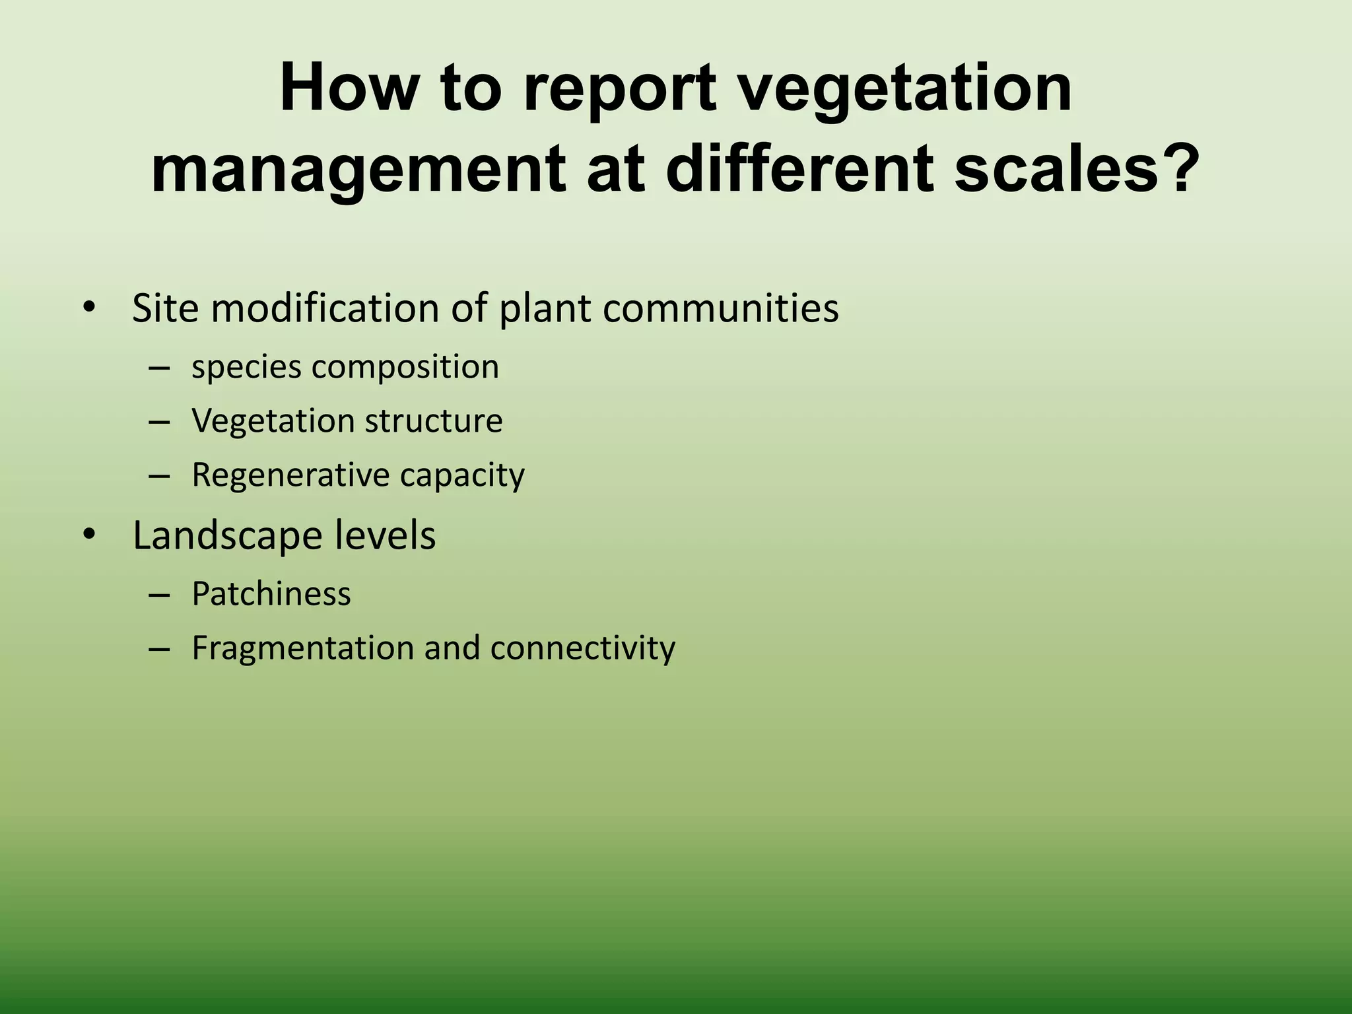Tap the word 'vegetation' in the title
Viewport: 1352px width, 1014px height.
pyautogui.click(x=904, y=89)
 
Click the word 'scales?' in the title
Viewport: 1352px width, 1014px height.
pyautogui.click(x=1077, y=170)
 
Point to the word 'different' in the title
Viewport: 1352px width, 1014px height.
pyautogui.click(x=799, y=170)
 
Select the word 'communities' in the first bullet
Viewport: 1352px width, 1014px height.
pyautogui.click(x=720, y=308)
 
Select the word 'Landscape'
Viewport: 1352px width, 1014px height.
pyautogui.click(x=228, y=535)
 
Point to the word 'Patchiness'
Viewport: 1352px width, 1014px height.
pyautogui.click(x=271, y=593)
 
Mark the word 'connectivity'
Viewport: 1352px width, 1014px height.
pyautogui.click(x=583, y=648)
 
